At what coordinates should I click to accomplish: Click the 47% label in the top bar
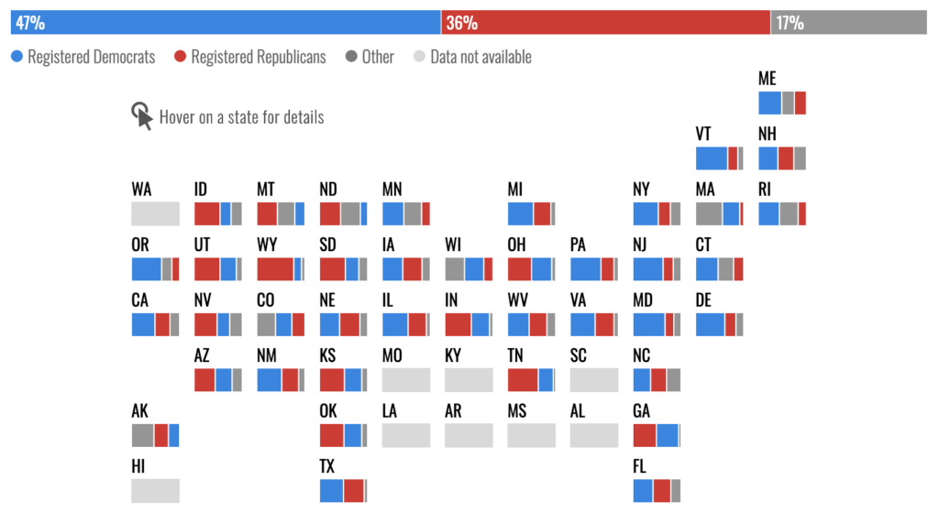(30, 23)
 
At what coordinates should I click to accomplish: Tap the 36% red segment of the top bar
(605, 23)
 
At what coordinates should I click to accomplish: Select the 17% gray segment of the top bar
(848, 23)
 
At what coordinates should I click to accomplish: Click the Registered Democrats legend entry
(83, 57)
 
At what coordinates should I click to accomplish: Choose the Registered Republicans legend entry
(249, 57)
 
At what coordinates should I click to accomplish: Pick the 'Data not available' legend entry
(472, 57)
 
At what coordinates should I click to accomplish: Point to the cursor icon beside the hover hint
(142, 116)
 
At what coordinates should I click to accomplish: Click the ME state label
(768, 80)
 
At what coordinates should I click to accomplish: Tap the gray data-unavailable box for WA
(155, 213)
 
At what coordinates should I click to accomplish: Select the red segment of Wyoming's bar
(274, 269)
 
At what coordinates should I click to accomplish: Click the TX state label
(327, 467)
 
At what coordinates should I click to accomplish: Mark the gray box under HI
(155, 490)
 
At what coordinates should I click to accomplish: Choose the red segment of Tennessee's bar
(523, 379)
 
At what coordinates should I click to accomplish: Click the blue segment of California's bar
(143, 324)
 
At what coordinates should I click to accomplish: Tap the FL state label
(640, 467)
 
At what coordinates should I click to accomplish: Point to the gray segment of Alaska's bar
(142, 435)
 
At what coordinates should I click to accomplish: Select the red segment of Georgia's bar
(645, 435)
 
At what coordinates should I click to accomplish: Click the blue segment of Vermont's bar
(711, 158)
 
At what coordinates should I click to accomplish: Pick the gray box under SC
(594, 379)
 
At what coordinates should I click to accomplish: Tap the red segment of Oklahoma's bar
(331, 435)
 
